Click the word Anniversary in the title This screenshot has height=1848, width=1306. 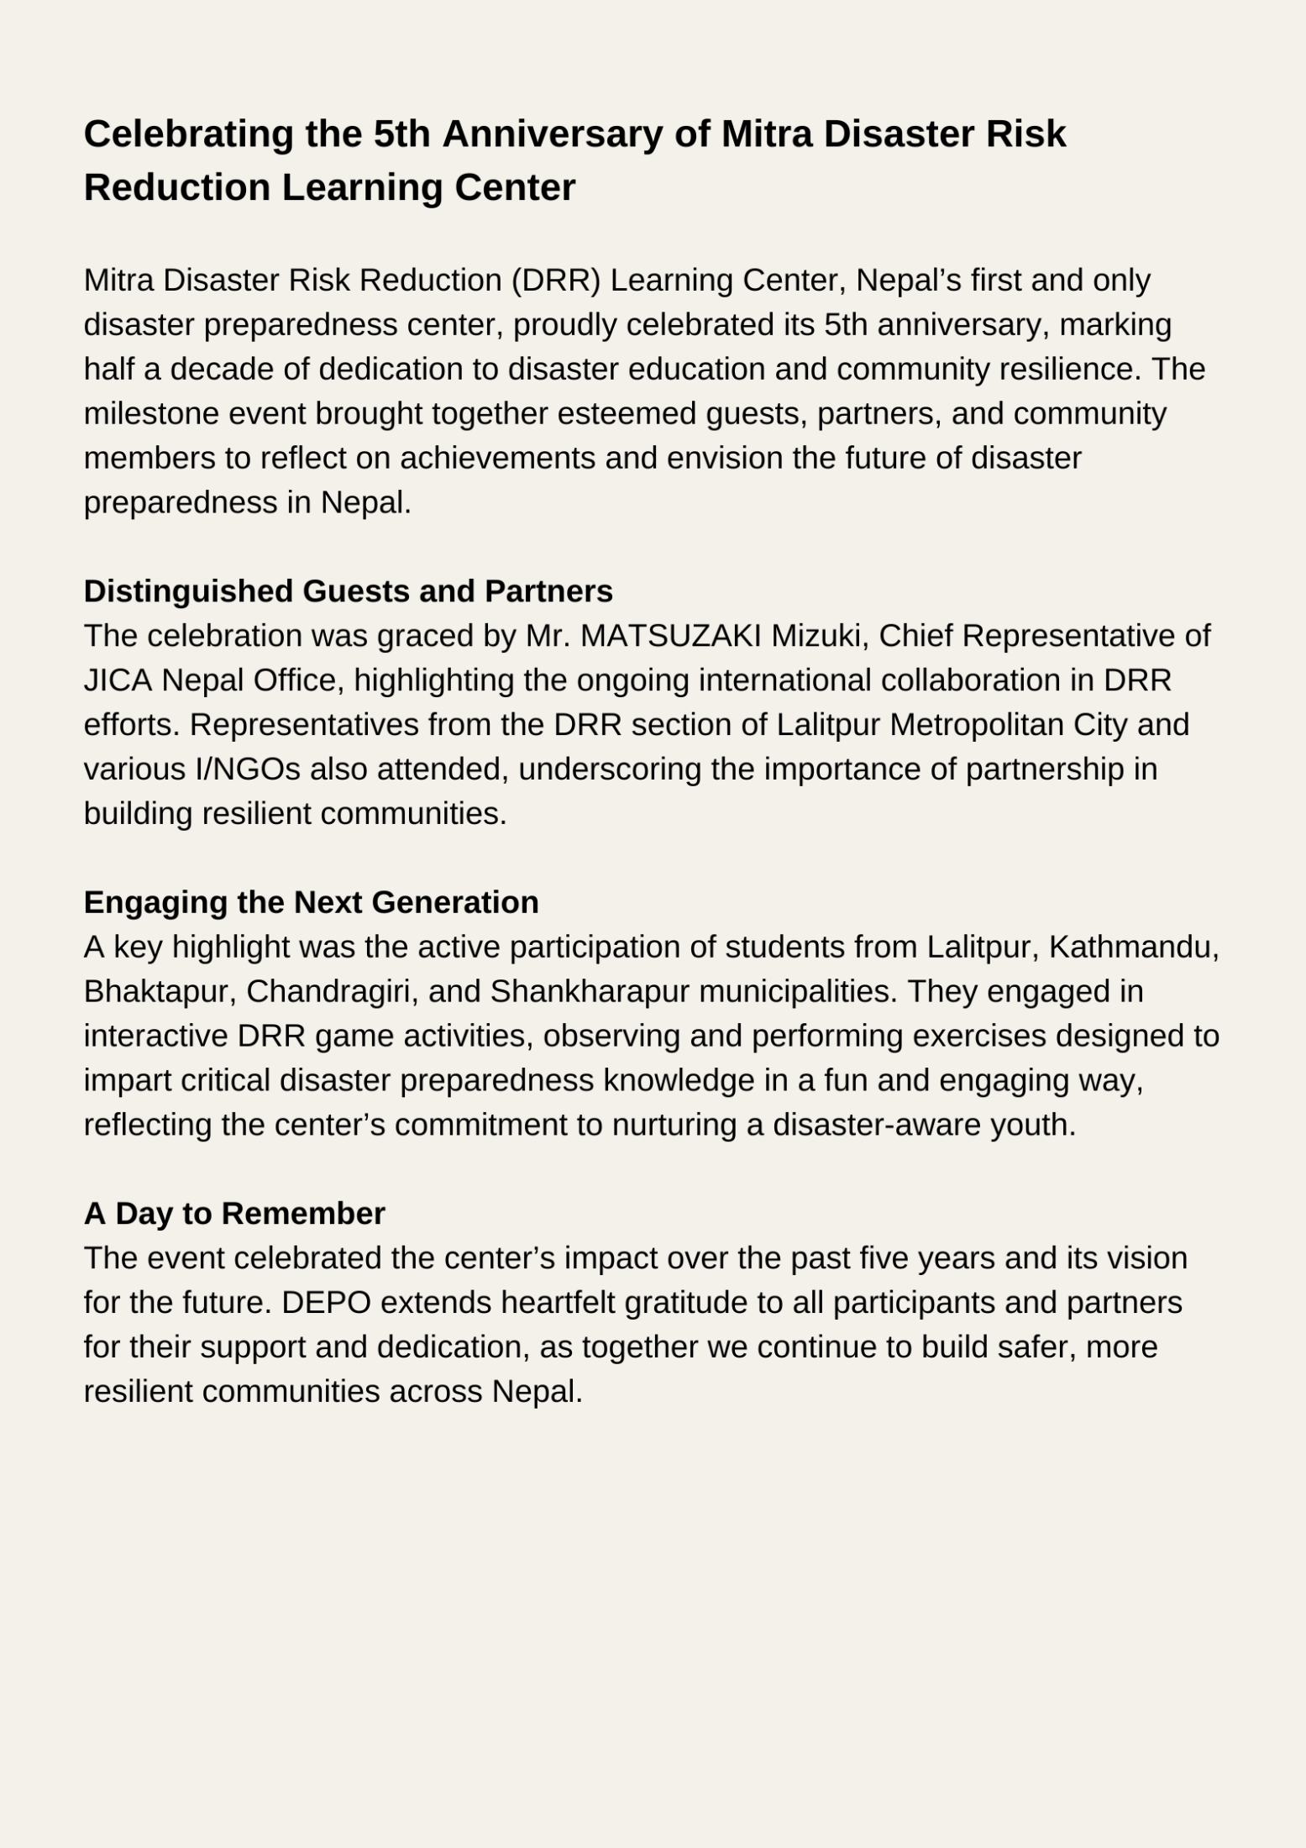tap(553, 134)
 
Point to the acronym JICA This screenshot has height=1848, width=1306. tap(118, 680)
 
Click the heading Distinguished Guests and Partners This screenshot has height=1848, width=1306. tap(348, 591)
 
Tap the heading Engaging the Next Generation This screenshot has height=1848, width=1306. tap(311, 902)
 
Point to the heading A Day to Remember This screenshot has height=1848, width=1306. tap(234, 1213)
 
